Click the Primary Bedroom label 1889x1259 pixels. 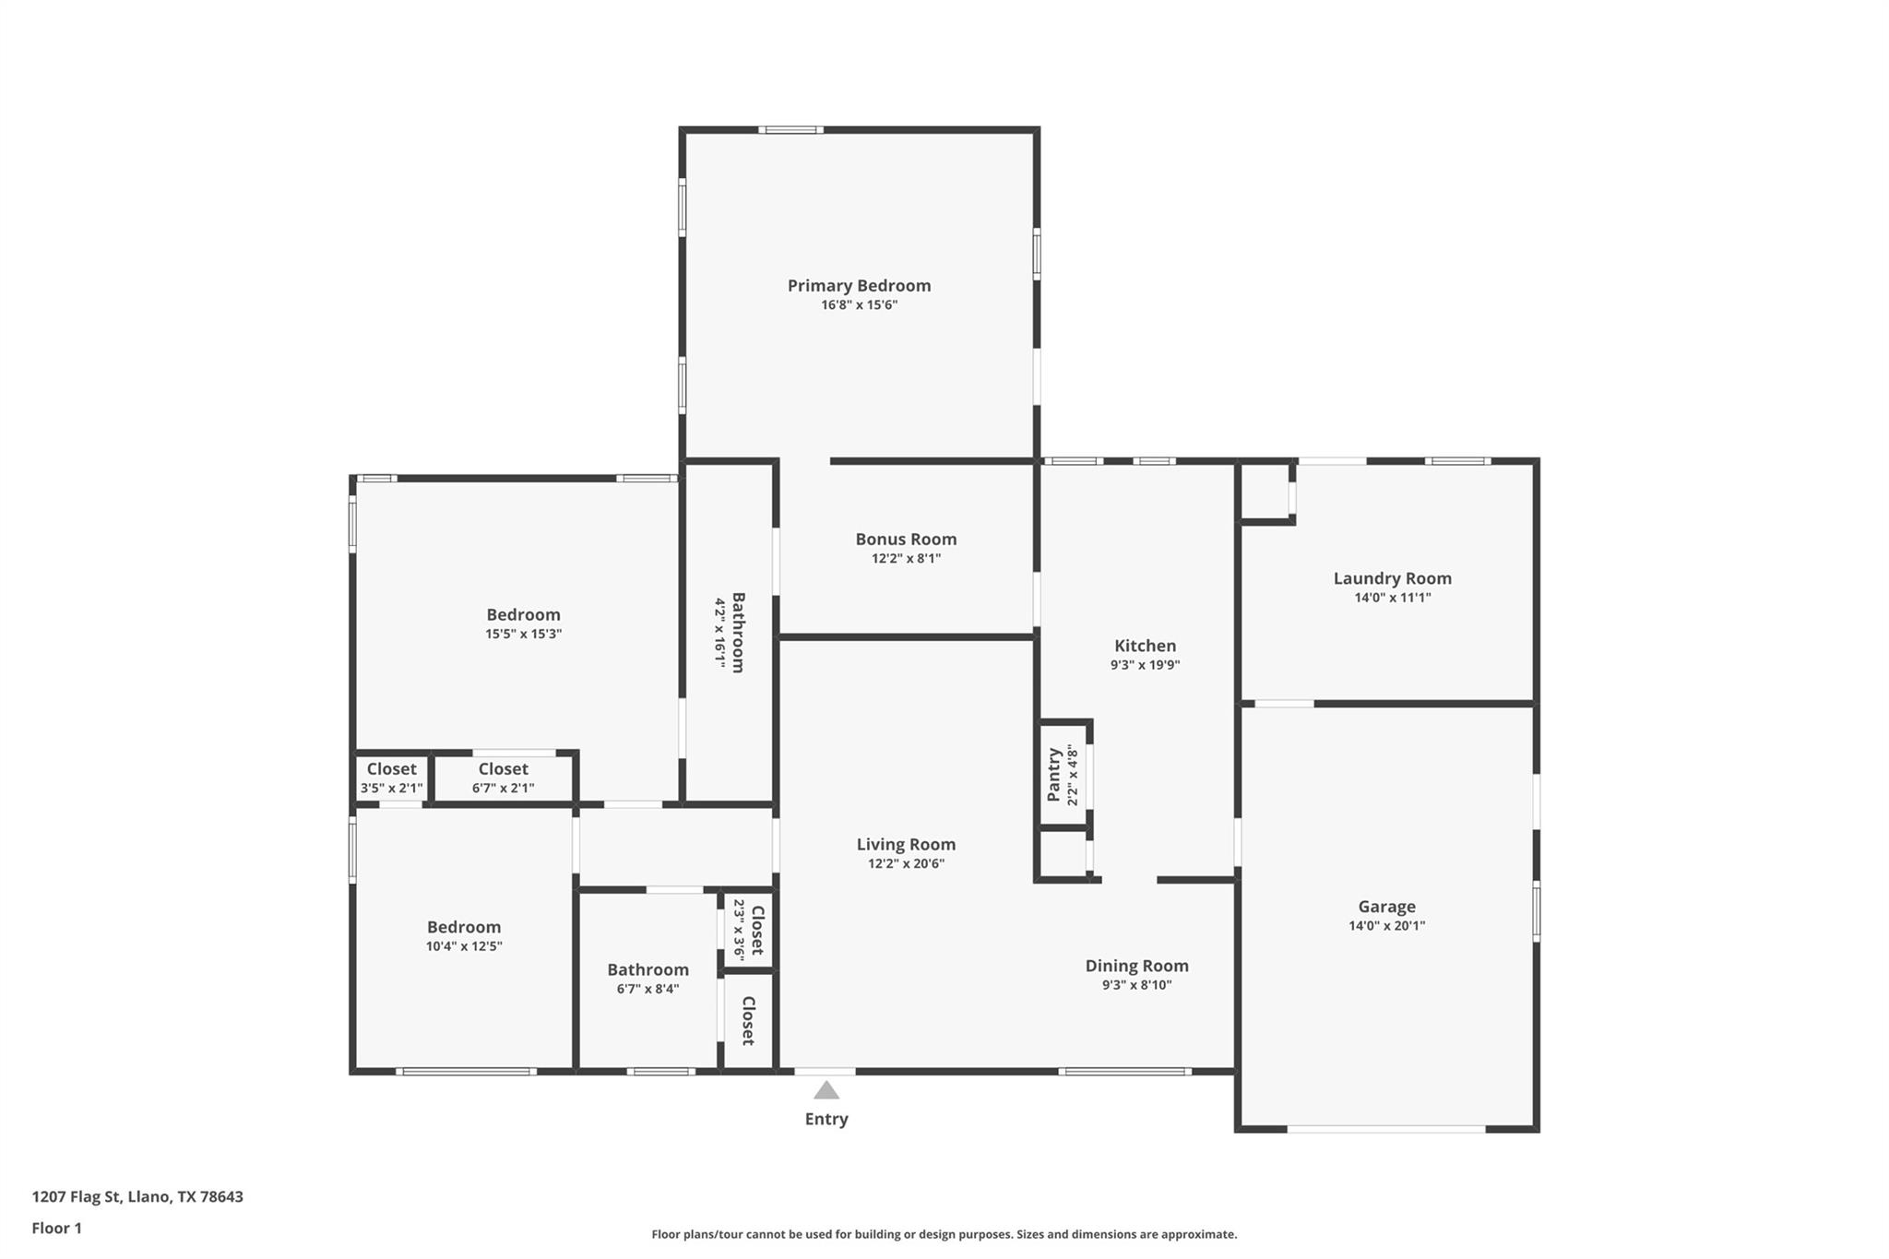click(859, 286)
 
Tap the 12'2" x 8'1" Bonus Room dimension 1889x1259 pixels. click(906, 558)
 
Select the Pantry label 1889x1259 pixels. click(1054, 775)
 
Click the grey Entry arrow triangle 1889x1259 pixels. click(826, 1090)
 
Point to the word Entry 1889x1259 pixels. click(826, 1119)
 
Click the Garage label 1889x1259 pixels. click(1386, 907)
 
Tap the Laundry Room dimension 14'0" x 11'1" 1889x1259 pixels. click(1392, 598)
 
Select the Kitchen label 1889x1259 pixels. click(1145, 646)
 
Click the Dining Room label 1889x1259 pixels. click(1136, 966)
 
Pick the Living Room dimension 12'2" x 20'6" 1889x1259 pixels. click(906, 863)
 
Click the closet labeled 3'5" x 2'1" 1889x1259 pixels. click(391, 778)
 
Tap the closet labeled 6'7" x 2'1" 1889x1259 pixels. click(503, 778)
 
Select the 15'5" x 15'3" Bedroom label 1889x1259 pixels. click(523, 615)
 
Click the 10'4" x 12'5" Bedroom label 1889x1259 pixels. click(464, 927)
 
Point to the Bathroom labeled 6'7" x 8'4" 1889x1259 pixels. click(647, 969)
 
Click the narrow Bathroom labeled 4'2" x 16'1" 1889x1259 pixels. click(737, 633)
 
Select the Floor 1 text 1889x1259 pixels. click(57, 1228)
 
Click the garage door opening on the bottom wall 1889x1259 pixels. click(1386, 1128)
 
